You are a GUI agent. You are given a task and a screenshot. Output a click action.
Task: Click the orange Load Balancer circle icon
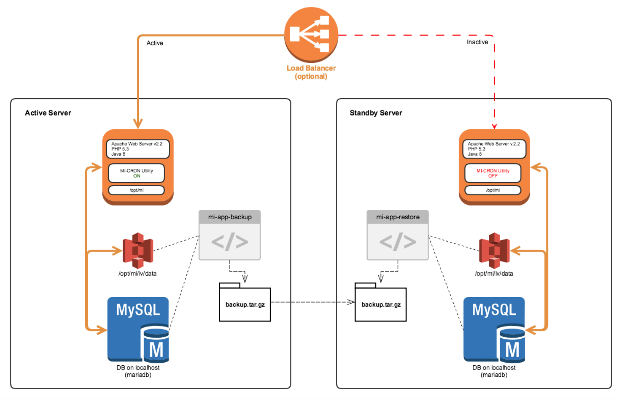tap(311, 34)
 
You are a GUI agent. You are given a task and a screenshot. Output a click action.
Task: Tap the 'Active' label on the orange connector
tap(155, 43)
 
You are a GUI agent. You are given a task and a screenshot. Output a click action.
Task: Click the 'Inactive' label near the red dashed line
tap(477, 42)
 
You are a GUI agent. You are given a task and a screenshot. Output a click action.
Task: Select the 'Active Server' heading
tap(48, 113)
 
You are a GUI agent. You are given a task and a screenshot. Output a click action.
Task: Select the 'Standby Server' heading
tap(376, 113)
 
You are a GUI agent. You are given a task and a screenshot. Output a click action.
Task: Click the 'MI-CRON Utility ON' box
tap(137, 173)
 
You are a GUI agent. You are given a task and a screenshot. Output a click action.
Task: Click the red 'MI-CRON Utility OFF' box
tap(493, 173)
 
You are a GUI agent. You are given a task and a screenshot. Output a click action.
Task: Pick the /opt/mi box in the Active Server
tap(137, 190)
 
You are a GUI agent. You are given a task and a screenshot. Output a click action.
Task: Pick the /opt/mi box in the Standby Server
tap(493, 190)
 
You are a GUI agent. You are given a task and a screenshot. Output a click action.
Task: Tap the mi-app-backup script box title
tap(230, 217)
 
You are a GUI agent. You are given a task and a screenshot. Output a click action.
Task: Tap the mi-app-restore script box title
tap(398, 217)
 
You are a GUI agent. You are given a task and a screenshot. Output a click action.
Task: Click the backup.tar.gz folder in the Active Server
tap(245, 302)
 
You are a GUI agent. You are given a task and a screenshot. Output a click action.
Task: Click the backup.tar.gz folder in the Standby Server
tap(381, 302)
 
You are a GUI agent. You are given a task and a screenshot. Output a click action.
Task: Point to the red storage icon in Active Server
tap(138, 250)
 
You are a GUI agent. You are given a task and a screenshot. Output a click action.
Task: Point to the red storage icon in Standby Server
tap(494, 250)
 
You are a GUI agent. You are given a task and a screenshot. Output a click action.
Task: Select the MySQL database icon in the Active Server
tap(138, 329)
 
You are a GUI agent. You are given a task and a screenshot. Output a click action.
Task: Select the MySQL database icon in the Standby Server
tap(494, 329)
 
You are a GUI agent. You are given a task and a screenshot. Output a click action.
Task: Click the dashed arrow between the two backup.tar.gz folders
tap(313, 302)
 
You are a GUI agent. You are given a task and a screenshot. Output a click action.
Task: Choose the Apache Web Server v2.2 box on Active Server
tap(138, 149)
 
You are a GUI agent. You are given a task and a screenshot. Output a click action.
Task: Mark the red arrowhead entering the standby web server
tap(494, 126)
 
